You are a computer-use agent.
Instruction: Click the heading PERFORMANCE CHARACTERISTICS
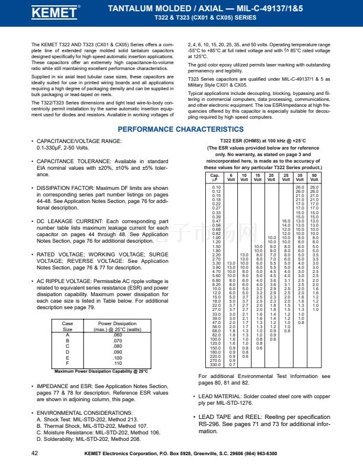[x=180, y=129]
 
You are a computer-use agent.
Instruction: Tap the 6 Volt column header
[x=231, y=177]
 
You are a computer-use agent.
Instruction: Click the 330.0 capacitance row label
[x=215, y=365]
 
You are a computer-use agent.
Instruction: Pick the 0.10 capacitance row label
[x=216, y=187]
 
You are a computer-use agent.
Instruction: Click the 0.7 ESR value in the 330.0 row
[x=231, y=365]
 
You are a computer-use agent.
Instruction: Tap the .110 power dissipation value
[x=117, y=363]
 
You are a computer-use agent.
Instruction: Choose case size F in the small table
[x=67, y=363]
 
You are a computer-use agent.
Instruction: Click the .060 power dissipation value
[x=117, y=335]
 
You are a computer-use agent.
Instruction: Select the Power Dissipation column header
[x=117, y=326]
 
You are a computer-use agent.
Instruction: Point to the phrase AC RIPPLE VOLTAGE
[x=66, y=280]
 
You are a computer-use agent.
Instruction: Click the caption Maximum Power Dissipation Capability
[x=93, y=371]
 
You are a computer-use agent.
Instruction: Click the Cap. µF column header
[x=215, y=177]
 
